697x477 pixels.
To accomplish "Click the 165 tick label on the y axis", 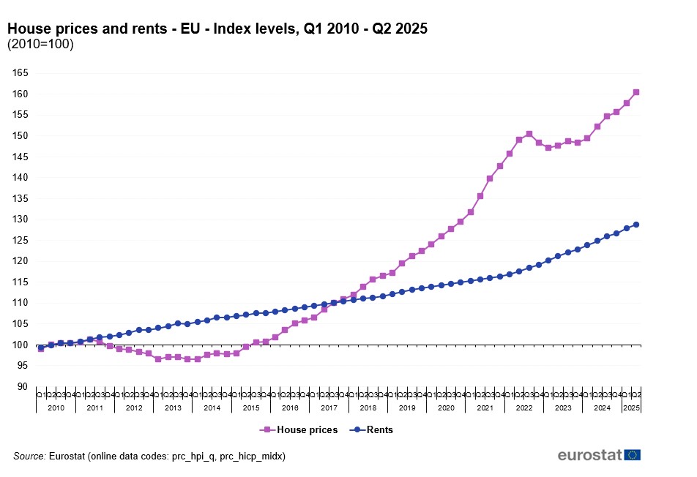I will [x=20, y=73].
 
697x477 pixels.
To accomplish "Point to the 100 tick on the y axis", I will [x=20, y=345].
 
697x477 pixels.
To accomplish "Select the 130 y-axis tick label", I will [x=20, y=219].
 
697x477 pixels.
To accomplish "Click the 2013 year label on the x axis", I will [x=173, y=407].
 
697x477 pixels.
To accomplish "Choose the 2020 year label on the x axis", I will [x=446, y=407].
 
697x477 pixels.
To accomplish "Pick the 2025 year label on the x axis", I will [x=631, y=407].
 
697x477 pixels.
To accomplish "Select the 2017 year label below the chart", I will [x=329, y=407].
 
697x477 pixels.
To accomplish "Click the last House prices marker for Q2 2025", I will [x=636, y=92].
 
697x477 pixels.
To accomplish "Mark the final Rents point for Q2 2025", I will [x=636, y=225].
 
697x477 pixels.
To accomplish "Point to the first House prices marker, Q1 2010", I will [x=41, y=349].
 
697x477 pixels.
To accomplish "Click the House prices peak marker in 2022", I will [x=529, y=134].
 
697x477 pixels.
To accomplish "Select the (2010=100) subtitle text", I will [x=40, y=44].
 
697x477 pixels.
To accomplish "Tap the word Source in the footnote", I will [x=29, y=456].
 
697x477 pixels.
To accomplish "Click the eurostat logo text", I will [x=590, y=455].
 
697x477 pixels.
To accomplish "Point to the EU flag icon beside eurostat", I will [x=633, y=455].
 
